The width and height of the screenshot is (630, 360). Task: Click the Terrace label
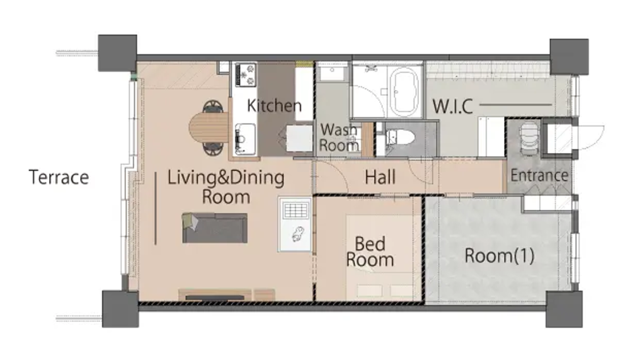tap(59, 177)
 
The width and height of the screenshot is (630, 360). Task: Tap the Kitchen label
tap(274, 105)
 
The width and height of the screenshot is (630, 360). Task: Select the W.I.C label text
tap(452, 107)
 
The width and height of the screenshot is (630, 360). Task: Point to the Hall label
tap(380, 177)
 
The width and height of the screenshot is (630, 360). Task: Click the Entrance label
tap(539, 175)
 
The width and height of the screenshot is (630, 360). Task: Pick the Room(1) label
tap(500, 256)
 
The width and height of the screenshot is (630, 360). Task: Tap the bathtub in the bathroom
tap(404, 91)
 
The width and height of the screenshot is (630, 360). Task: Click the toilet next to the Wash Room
tap(399, 138)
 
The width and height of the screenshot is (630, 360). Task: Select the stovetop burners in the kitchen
tap(246, 75)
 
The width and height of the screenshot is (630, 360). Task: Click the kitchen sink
tap(245, 139)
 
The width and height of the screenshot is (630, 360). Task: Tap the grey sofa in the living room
tap(215, 228)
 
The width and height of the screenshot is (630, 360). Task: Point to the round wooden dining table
tap(209, 127)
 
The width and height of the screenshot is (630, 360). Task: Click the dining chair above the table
tap(212, 107)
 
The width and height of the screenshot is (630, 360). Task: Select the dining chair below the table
tap(212, 149)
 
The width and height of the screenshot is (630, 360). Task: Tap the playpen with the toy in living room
tap(295, 224)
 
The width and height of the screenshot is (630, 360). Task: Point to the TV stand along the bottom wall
tap(227, 294)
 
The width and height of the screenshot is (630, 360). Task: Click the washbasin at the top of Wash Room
tap(332, 73)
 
